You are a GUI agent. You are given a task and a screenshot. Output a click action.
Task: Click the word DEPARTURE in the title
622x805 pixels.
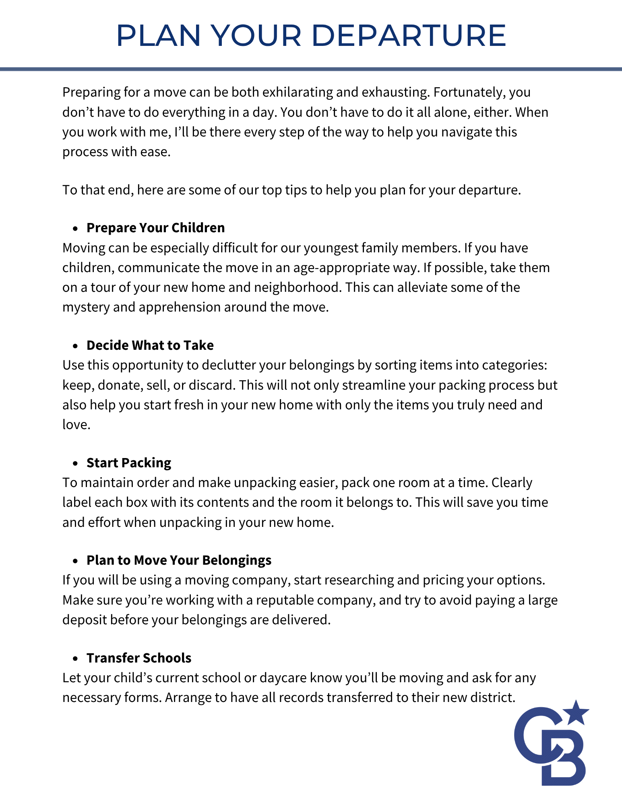click(x=409, y=35)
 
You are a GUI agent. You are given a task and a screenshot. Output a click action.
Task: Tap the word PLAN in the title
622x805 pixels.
click(x=158, y=35)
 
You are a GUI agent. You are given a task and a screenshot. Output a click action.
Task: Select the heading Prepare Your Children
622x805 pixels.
click(x=155, y=228)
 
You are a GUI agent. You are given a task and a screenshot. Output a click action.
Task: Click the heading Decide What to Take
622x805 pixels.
click(x=150, y=345)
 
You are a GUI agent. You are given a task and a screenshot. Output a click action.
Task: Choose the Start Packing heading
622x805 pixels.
click(x=129, y=463)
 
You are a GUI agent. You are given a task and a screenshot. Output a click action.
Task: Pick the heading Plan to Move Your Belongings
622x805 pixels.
click(x=179, y=560)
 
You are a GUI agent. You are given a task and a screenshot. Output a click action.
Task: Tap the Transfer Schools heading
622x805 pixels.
click(x=139, y=658)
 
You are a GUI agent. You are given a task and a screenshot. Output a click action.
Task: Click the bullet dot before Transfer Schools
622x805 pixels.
click(x=75, y=658)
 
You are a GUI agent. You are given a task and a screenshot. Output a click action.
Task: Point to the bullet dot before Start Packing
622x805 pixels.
click(x=75, y=463)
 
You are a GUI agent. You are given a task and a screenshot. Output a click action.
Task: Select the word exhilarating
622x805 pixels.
click(x=298, y=92)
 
